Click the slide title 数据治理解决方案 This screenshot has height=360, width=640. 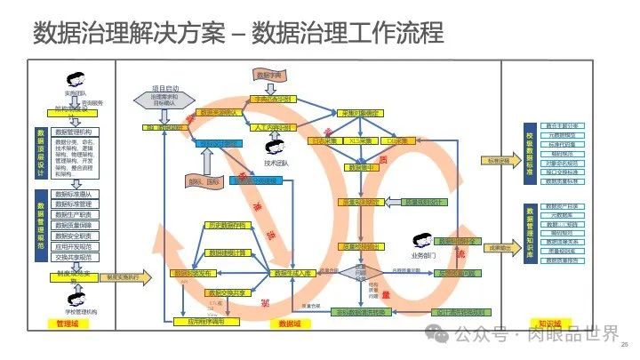point(124,33)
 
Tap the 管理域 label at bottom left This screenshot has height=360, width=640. point(67,323)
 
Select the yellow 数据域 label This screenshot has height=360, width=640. point(290,323)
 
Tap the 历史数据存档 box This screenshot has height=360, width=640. point(225,226)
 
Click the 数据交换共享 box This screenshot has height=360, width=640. point(225,292)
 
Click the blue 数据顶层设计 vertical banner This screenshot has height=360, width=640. point(41,153)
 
